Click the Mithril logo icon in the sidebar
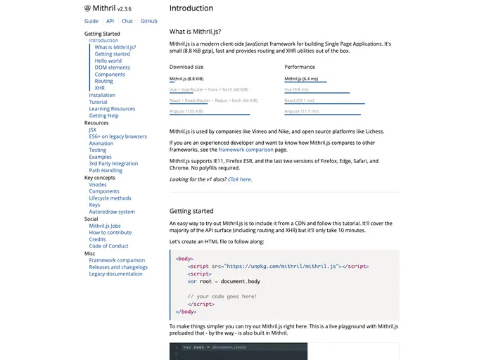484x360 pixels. pyautogui.click(x=88, y=9)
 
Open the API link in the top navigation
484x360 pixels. pyautogui.click(x=110, y=21)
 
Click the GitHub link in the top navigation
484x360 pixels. pyautogui.click(x=148, y=21)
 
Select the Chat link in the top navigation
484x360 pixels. pyautogui.click(x=127, y=21)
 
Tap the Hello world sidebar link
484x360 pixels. pyautogui.click(x=108, y=61)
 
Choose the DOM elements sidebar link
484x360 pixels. pyautogui.click(x=113, y=67)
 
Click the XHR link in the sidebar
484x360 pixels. pyautogui.click(x=99, y=88)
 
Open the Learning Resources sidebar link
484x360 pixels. pyautogui.click(x=112, y=109)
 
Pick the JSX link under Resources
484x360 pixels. pyautogui.click(x=93, y=129)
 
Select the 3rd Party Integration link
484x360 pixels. pyautogui.click(x=113, y=164)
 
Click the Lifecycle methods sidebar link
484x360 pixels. pyautogui.click(x=110, y=198)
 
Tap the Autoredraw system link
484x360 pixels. pyautogui.click(x=112, y=212)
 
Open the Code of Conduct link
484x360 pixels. pyautogui.click(x=108, y=246)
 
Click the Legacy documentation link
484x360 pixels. pyautogui.click(x=115, y=274)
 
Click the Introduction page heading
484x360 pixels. pyautogui.click(x=191, y=8)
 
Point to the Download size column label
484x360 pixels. pyautogui.click(x=186, y=67)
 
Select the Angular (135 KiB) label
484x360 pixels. pyautogui.click(x=186, y=111)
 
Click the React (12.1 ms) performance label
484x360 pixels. pyautogui.click(x=299, y=101)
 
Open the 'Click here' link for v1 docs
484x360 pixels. pyautogui.click(x=239, y=179)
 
